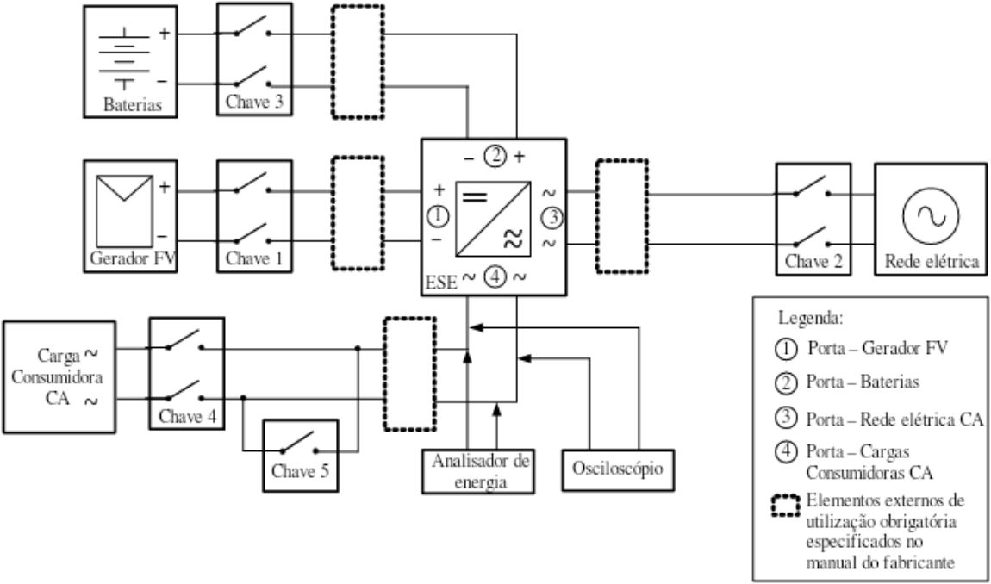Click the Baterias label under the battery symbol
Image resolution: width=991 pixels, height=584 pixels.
pyautogui.click(x=132, y=104)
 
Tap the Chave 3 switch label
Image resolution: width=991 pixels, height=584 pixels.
pyautogui.click(x=254, y=102)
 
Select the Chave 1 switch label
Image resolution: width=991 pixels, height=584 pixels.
pyautogui.click(x=254, y=258)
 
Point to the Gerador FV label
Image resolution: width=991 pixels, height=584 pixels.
pyautogui.click(x=133, y=258)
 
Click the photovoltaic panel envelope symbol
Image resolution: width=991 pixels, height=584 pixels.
pyautogui.click(x=124, y=211)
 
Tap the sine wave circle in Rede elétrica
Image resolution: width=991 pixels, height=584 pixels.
pyautogui.click(x=931, y=215)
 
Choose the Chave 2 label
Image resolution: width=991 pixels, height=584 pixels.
pyautogui.click(x=813, y=261)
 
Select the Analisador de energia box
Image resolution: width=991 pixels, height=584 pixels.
pyautogui.click(x=478, y=471)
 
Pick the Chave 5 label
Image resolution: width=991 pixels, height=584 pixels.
pyautogui.click(x=301, y=471)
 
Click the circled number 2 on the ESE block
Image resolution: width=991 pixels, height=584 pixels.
pyautogui.click(x=495, y=156)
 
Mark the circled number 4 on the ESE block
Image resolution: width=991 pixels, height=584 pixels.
pyautogui.click(x=495, y=276)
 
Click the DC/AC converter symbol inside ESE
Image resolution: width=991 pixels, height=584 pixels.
pyautogui.click(x=493, y=219)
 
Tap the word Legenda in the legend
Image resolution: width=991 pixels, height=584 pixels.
pyautogui.click(x=811, y=317)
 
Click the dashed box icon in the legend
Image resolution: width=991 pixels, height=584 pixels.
pyautogui.click(x=786, y=504)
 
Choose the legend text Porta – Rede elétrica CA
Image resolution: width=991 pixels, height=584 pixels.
pyautogui.click(x=894, y=419)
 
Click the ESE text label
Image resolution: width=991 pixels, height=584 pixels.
pyautogui.click(x=441, y=283)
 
